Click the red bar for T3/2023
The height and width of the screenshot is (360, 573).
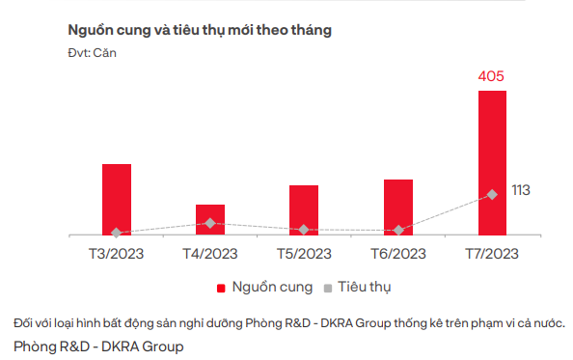tap(116, 199)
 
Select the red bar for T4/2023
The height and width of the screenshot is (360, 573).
tap(209, 219)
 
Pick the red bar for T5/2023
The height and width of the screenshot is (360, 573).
tap(304, 209)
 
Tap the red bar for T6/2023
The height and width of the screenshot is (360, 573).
tap(397, 207)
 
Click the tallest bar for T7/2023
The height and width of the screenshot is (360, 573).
tap(492, 162)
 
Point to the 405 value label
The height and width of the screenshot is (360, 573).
tap(492, 75)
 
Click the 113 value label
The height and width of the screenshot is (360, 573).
tap(521, 190)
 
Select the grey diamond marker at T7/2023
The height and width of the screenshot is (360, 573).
tap(492, 194)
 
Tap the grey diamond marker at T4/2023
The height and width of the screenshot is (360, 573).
tap(209, 223)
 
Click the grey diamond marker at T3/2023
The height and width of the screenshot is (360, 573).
tap(116, 233)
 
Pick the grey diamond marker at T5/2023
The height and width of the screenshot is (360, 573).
tap(304, 230)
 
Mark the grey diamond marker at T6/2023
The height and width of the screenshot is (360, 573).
tap(397, 230)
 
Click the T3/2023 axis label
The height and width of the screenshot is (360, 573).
tap(116, 254)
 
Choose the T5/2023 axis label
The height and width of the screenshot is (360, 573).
tap(304, 254)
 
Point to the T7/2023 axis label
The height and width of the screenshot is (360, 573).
tap(492, 254)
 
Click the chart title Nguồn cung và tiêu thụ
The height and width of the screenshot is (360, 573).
tap(200, 30)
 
